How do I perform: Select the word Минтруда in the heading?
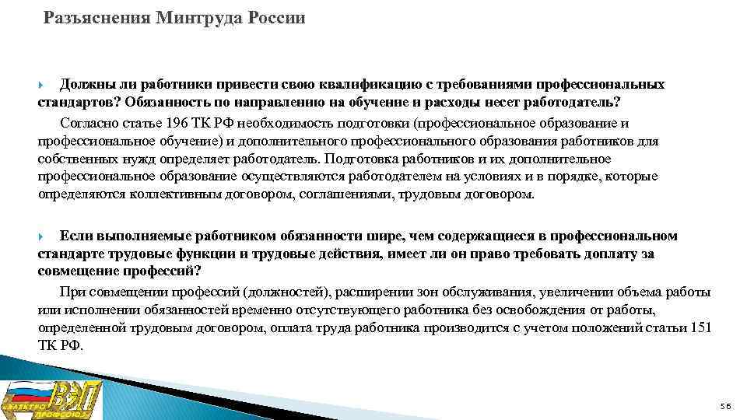coord(190,18)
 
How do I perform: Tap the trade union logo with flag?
coord(51,399)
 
